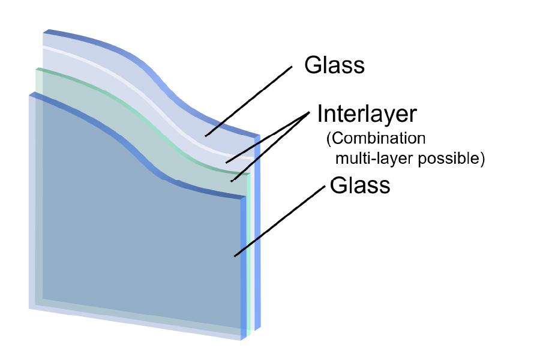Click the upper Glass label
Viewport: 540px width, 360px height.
(x=334, y=65)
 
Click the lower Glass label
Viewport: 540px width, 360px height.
(x=360, y=185)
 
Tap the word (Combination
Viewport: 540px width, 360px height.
(x=376, y=139)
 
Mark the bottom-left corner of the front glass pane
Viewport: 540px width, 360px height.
(x=29, y=308)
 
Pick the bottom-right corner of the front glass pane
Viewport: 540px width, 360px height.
(x=242, y=340)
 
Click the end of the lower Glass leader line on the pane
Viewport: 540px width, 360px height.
(x=235, y=256)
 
